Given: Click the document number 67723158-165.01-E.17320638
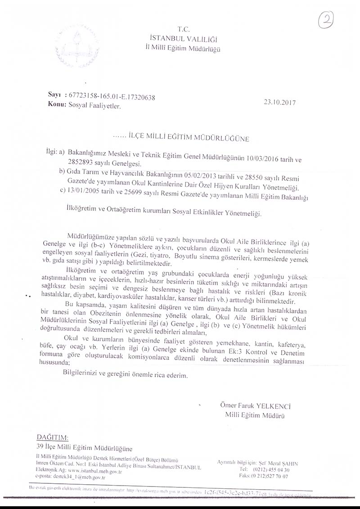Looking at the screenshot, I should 110,97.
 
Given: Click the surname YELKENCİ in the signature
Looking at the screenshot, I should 274,406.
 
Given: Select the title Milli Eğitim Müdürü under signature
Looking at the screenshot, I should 255,415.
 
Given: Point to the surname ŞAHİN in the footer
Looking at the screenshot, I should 289,464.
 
